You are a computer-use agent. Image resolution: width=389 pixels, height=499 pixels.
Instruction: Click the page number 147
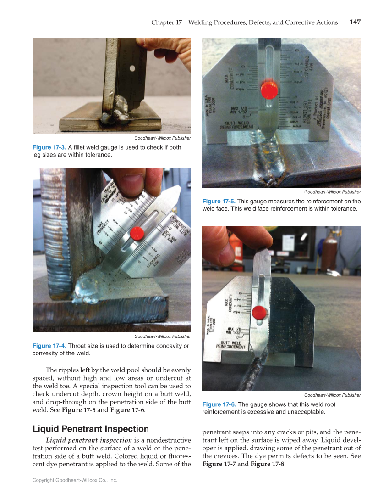(355, 22)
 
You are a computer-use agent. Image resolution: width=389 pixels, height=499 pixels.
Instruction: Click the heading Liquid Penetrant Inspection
(91, 429)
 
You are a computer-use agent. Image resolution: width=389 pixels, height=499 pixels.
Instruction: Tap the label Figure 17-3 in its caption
(49, 147)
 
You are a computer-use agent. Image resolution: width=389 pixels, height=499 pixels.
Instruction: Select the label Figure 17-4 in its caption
(49, 346)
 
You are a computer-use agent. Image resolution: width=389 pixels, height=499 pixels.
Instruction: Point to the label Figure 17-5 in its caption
(219, 201)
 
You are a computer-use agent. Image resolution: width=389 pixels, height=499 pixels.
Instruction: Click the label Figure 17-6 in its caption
(219, 404)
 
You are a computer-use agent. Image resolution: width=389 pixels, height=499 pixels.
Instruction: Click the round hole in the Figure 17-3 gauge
(132, 68)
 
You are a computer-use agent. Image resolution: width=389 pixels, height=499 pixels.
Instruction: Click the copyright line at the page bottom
(75, 480)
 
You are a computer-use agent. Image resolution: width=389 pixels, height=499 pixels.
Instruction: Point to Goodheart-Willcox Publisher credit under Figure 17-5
(332, 191)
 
